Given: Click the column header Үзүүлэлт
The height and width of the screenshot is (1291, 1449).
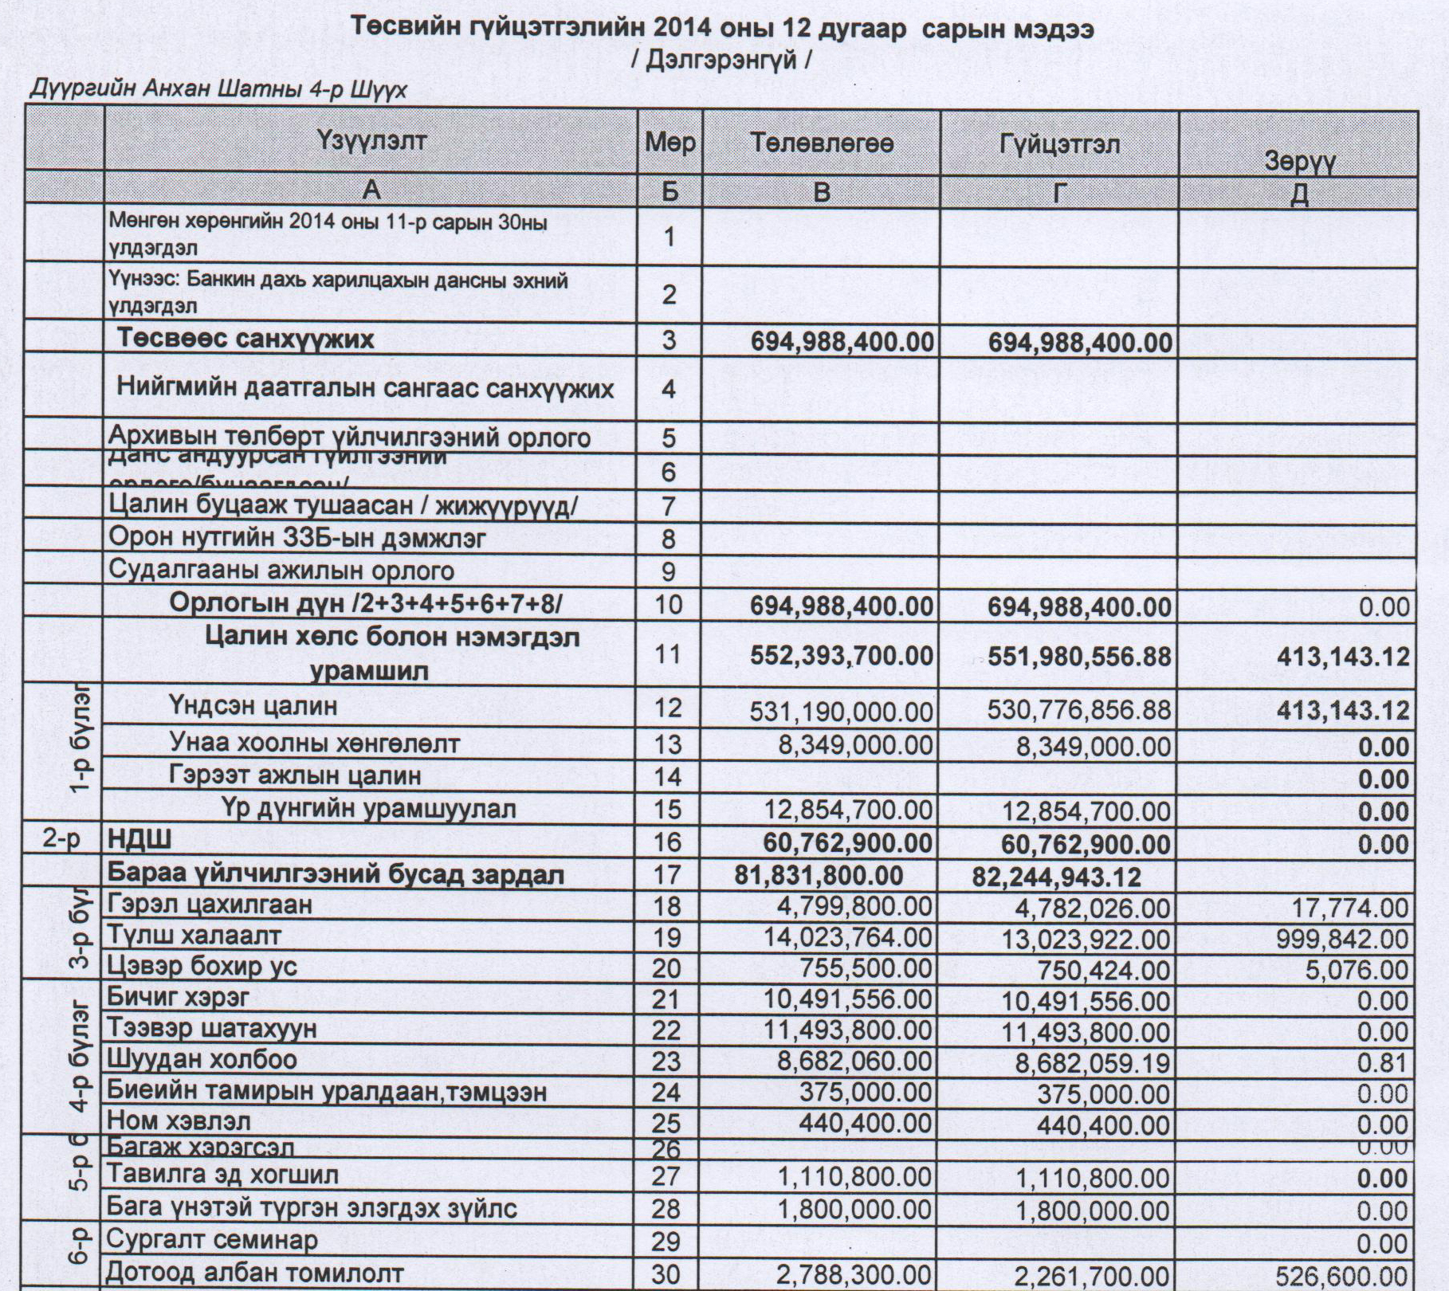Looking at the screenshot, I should pyautogui.click(x=371, y=141).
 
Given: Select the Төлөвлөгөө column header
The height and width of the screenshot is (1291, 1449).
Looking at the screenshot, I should pyautogui.click(x=822, y=143).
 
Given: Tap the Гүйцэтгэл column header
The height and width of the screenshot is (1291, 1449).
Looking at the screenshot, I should pyautogui.click(x=1059, y=144).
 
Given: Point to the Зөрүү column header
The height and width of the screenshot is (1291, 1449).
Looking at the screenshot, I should pyautogui.click(x=1299, y=162).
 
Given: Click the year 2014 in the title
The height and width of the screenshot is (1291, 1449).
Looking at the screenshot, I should pyautogui.click(x=685, y=29).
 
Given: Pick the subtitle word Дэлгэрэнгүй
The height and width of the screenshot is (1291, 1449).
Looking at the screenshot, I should pyautogui.click(x=721, y=61).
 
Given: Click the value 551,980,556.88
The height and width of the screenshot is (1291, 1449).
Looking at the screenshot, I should pyautogui.click(x=1079, y=657).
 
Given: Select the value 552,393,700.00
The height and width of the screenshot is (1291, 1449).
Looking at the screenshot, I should pyautogui.click(x=842, y=656).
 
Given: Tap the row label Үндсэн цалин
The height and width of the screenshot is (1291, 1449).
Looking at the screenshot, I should pyautogui.click(x=253, y=705).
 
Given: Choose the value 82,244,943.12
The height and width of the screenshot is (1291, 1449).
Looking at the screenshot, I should pyautogui.click(x=1056, y=877).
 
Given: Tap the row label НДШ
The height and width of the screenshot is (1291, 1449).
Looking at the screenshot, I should pyautogui.click(x=139, y=840).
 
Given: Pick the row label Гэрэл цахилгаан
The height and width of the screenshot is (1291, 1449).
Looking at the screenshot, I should pyautogui.click(x=210, y=904).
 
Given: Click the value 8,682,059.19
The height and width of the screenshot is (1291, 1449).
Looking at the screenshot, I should pyautogui.click(x=1092, y=1063).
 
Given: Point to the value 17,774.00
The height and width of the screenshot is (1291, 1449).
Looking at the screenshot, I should pyautogui.click(x=1350, y=908).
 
